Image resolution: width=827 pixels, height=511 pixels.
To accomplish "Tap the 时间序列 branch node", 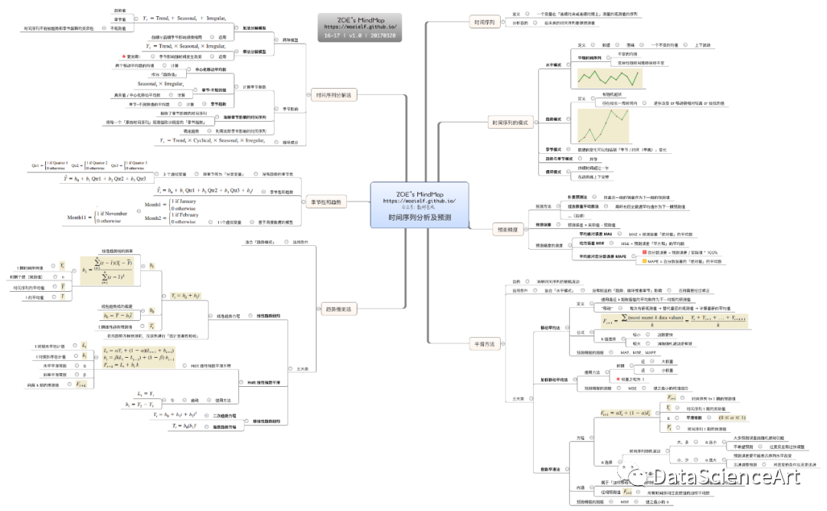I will click(x=486, y=23).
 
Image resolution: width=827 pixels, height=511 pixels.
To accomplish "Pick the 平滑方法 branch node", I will click(x=485, y=344).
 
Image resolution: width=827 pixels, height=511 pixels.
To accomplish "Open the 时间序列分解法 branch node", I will click(x=336, y=95).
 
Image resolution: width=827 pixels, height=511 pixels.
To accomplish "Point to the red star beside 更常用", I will click(x=124, y=56).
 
